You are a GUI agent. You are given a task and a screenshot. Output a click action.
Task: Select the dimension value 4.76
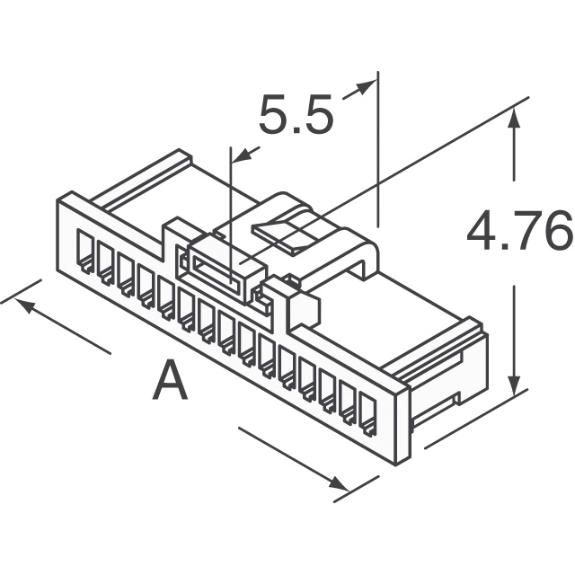coord(518,233)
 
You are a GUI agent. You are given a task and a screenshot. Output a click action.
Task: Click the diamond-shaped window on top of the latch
coord(286,230)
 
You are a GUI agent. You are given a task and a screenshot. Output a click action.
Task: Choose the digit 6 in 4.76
coord(554,233)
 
